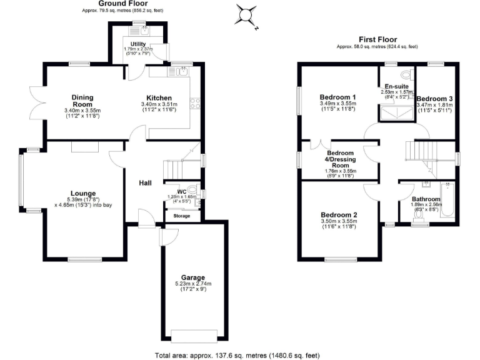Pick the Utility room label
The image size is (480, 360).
[138, 44]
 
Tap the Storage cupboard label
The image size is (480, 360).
[182, 216]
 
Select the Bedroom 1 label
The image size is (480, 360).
[337, 97]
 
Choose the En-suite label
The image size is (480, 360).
[396, 86]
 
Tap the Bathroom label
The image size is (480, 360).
[426, 199]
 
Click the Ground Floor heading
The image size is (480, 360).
[118, 3]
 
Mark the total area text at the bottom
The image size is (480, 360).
[239, 354]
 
